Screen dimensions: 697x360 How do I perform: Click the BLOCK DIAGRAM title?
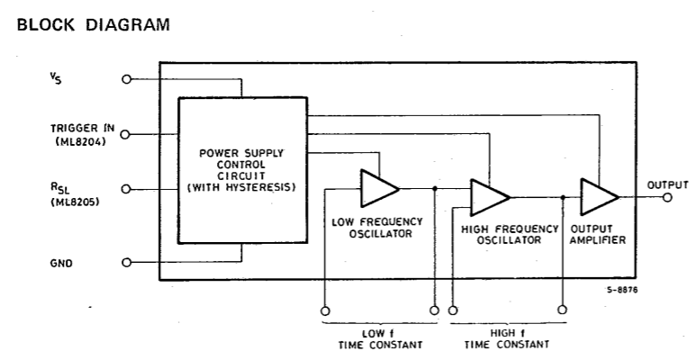tap(94, 24)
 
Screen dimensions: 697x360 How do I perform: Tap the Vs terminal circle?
tap(127, 79)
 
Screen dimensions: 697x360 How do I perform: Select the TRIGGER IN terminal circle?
tap(125, 134)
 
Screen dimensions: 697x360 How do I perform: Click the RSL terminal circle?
tap(126, 189)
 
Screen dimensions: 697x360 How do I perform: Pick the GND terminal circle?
tap(127, 262)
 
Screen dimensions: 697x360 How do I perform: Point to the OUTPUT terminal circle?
tap(667, 197)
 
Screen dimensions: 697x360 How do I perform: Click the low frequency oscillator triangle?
tap(379, 188)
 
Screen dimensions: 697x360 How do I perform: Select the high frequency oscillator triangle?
tap(490, 197)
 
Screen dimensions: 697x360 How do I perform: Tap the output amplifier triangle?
tap(599, 197)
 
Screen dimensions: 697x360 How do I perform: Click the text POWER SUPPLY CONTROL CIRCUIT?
tap(241, 165)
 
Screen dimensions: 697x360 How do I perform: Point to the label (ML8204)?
tap(81, 142)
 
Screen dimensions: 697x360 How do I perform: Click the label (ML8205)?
tap(75, 202)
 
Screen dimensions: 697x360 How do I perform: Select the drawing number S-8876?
tap(622, 290)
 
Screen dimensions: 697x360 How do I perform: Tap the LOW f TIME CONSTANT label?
tap(380, 339)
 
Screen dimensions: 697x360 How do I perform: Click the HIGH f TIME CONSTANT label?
tap(507, 338)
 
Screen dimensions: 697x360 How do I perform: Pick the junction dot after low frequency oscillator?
tap(435, 188)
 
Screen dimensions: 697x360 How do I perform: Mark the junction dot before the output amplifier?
tap(563, 197)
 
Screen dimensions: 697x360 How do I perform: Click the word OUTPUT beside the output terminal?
tap(667, 184)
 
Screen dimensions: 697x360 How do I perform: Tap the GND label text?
tap(61, 263)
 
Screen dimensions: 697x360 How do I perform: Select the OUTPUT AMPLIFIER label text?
tap(597, 235)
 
